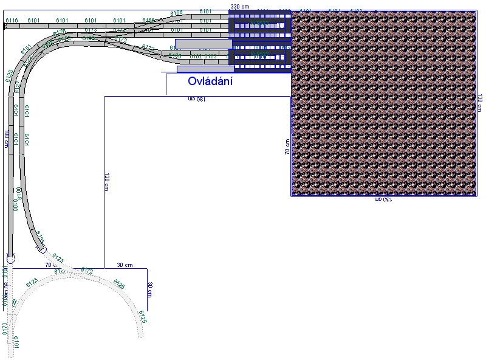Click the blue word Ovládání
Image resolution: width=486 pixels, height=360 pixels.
(x=210, y=81)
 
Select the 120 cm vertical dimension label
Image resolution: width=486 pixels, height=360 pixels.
(x=106, y=181)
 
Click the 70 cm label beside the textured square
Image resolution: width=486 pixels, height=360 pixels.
(x=287, y=147)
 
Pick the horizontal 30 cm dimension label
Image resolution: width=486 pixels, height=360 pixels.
(x=125, y=265)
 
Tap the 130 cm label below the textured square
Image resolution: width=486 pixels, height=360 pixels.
(x=383, y=199)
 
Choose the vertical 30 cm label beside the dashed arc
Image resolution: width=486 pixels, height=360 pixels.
(x=149, y=289)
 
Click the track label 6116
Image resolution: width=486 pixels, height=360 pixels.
(x=12, y=21)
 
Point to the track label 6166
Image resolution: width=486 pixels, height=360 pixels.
(x=148, y=21)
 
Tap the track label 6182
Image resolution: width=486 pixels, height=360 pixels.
(x=196, y=56)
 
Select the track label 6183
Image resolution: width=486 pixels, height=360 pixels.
(x=210, y=56)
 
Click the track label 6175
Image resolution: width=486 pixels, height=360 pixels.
(x=60, y=32)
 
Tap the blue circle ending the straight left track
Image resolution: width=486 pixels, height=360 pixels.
(x=10, y=258)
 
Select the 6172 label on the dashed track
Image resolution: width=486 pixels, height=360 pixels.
(x=87, y=270)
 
